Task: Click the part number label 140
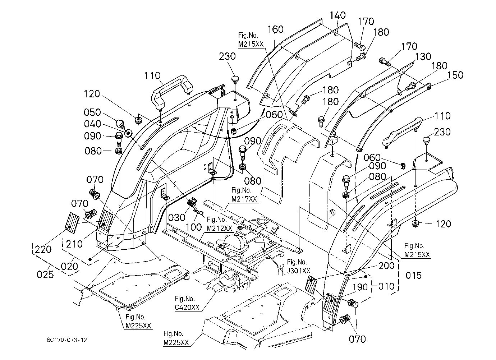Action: click(338, 15)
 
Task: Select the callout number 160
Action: click(275, 29)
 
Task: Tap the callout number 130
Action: click(423, 56)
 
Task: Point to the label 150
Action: click(455, 75)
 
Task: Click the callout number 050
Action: click(92, 112)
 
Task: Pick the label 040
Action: click(93, 124)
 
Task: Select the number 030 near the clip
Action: click(176, 218)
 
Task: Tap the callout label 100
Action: click(193, 227)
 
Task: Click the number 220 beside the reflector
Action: click(43, 249)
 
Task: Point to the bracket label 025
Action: click(45, 275)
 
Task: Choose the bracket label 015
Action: click(414, 276)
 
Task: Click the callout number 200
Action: click(386, 266)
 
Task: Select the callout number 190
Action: click(360, 287)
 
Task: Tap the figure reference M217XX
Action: click(244, 199)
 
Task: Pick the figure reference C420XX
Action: click(187, 308)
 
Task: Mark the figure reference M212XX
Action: click(220, 228)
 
